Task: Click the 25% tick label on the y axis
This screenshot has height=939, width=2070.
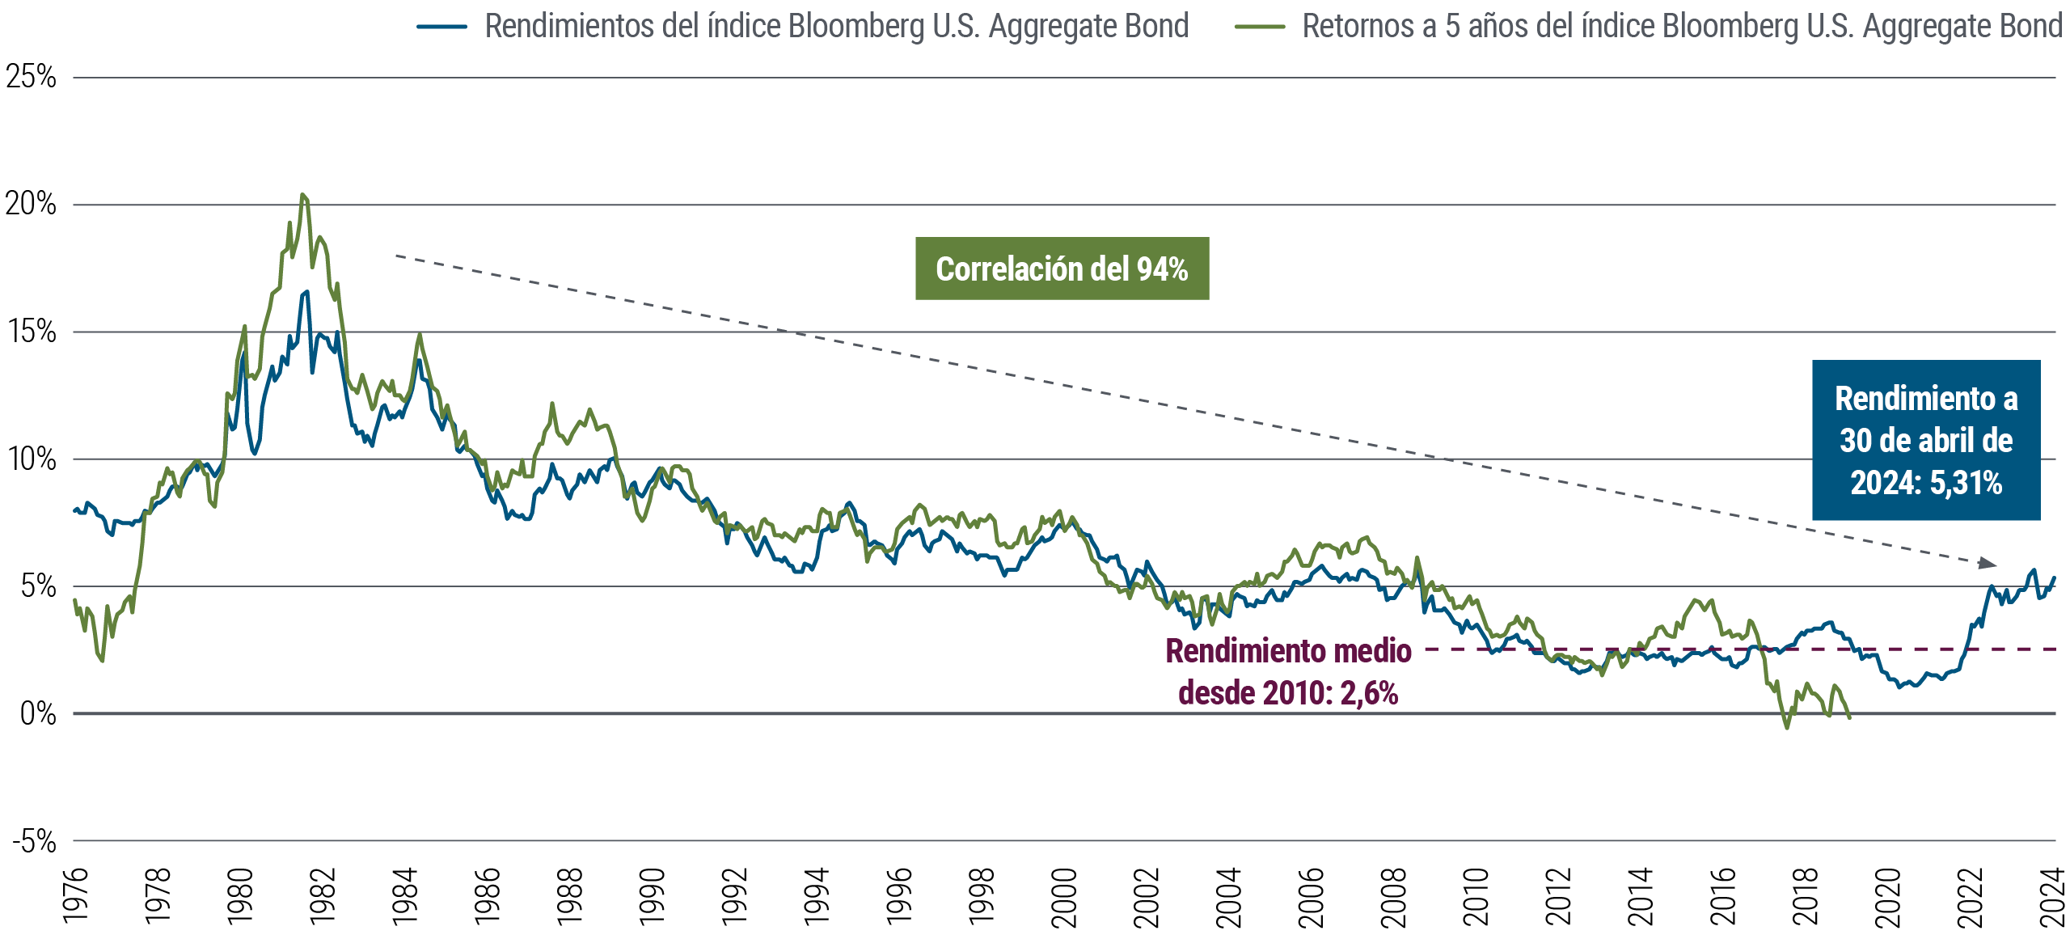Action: pos(31,78)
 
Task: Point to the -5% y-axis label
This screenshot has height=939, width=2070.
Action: pos(34,842)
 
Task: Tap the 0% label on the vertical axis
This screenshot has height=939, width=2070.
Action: pos(38,714)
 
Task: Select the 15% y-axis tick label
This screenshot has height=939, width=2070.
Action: pos(32,332)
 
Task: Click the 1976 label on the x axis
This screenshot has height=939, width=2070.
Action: pos(75,895)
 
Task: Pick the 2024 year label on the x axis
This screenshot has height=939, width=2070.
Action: pos(2053,895)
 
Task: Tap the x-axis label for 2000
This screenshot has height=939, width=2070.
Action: pos(1064,895)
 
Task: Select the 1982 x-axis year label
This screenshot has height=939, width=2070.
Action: pos(323,895)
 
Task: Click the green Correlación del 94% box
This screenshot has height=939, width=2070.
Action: pos(1062,269)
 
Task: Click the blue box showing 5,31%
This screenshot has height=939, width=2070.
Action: pos(1925,440)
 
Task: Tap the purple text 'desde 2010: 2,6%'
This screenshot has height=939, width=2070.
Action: pos(1287,693)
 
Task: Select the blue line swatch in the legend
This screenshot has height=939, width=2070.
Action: pos(442,27)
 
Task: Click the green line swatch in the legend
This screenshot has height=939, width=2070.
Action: pos(1259,27)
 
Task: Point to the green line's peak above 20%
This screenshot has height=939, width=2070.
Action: pos(302,195)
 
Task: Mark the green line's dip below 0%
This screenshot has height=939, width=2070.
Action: pos(1786,727)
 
